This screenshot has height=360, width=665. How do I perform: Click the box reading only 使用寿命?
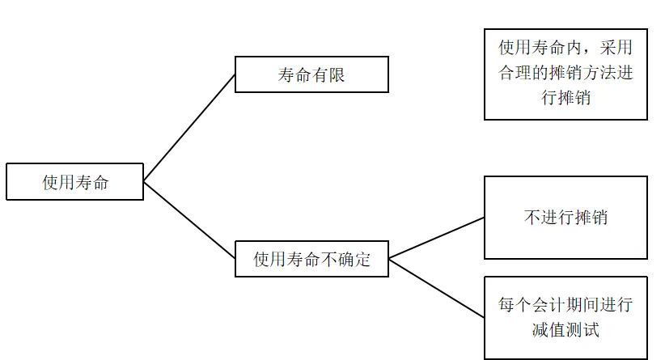pyautogui.click(x=74, y=182)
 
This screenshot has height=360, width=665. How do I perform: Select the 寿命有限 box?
pyautogui.click(x=311, y=75)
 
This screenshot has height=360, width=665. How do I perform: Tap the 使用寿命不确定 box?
pyautogui.click(x=311, y=260)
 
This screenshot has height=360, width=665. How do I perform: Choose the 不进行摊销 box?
pyautogui.click(x=565, y=218)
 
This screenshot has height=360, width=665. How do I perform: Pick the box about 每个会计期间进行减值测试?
pyautogui.click(x=565, y=317)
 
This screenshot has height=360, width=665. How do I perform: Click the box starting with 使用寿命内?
pyautogui.click(x=565, y=74)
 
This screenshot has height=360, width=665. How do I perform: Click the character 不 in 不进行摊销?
pyautogui.click(x=532, y=218)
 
